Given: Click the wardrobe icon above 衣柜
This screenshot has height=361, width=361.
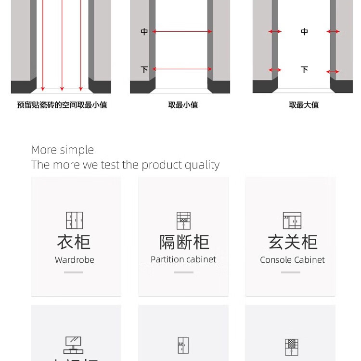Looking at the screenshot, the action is click(x=75, y=220).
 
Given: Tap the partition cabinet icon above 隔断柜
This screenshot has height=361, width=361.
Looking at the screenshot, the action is click(x=183, y=220).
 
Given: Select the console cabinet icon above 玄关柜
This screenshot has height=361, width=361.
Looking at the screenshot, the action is click(x=292, y=220).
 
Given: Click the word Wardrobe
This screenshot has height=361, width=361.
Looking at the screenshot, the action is click(x=75, y=260).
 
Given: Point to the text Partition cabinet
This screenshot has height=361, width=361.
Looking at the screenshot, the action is click(x=183, y=259).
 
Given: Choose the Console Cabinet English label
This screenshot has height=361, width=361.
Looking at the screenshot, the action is click(x=292, y=260).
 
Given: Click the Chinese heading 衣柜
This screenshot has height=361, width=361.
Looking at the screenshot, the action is click(x=74, y=242).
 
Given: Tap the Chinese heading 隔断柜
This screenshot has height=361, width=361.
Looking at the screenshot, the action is click(x=184, y=242).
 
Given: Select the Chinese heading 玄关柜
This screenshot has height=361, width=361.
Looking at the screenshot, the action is click(x=293, y=242).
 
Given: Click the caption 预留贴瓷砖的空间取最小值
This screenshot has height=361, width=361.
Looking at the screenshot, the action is click(x=62, y=105).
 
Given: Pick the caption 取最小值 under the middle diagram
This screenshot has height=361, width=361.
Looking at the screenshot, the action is click(x=183, y=105).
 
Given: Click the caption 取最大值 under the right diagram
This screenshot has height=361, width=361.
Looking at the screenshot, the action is click(x=304, y=105).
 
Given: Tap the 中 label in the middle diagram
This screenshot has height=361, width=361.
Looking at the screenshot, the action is click(x=144, y=32).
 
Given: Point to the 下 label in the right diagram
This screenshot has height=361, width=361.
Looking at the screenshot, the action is click(x=304, y=70).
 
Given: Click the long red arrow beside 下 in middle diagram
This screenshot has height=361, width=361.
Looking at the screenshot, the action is click(x=183, y=69).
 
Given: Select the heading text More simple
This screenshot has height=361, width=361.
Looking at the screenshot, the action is click(x=63, y=150).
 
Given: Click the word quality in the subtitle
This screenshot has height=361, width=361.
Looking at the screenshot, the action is click(x=202, y=165).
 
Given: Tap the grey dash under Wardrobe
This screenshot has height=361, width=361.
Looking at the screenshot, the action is click(x=74, y=272).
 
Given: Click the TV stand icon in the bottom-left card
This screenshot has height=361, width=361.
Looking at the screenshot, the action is click(x=73, y=345).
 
